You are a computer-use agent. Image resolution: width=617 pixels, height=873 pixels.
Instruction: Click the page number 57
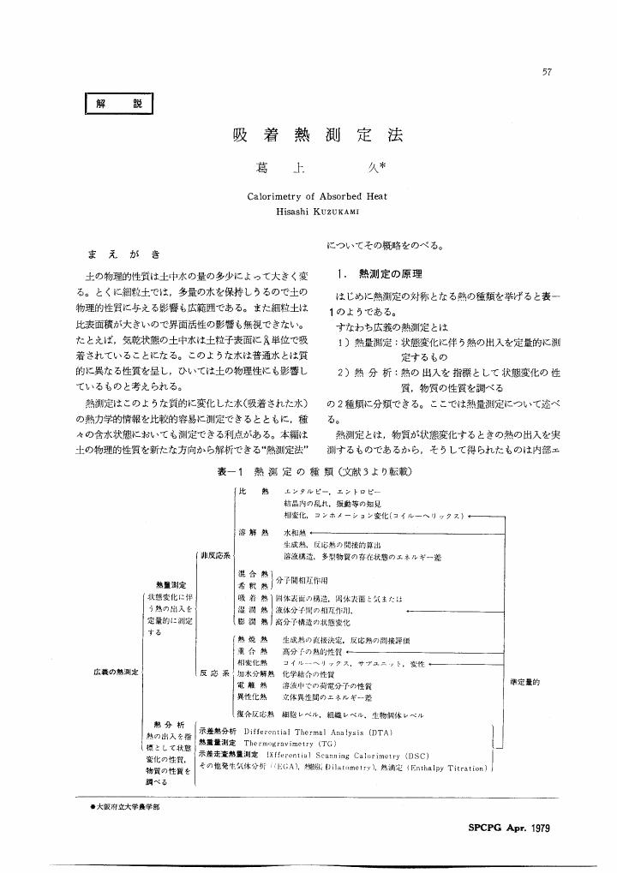(x=546, y=72)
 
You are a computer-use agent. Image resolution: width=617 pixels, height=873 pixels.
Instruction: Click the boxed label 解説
(x=119, y=105)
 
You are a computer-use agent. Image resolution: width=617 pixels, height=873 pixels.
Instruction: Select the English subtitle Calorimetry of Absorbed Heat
(x=317, y=196)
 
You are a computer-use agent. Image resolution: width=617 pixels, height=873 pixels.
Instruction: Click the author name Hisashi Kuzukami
(x=317, y=211)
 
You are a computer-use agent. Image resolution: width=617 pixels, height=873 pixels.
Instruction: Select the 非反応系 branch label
(x=213, y=555)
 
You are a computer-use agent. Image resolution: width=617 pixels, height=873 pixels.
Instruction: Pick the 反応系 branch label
(x=213, y=673)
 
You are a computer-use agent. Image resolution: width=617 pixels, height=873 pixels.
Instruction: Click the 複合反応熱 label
(x=254, y=714)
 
